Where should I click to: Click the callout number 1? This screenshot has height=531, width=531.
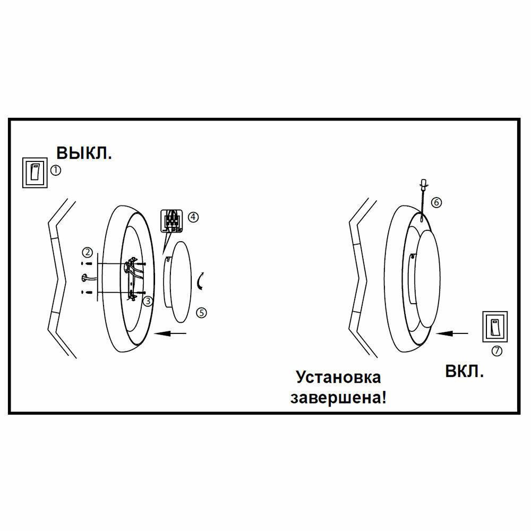56,170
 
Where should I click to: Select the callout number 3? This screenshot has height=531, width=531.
148,301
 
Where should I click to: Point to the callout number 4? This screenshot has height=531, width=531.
193,217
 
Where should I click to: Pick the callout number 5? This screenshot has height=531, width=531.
201,313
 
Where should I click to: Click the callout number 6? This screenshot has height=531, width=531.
436,202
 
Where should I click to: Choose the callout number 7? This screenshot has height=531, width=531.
496,350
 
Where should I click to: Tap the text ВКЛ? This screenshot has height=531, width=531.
464,371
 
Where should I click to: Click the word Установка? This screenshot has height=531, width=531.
338,378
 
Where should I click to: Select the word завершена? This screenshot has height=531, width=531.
338,397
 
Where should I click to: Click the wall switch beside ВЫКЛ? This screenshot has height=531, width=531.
34,172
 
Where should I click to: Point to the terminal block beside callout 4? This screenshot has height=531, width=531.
172,221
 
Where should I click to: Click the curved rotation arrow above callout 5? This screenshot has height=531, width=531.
200,281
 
